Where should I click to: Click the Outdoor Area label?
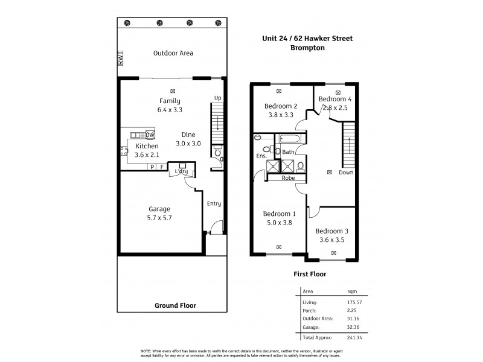(173, 53)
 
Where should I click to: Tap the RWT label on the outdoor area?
(121, 59)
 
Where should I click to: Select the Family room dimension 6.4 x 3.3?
(170, 110)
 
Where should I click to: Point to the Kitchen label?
(147, 146)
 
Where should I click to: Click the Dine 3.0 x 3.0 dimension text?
(188, 144)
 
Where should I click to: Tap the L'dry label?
(182, 172)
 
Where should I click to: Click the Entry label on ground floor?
(214, 203)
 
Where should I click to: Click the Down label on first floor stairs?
(347, 172)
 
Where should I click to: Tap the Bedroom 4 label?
(334, 98)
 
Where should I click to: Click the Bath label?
(288, 152)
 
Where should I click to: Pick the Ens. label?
(261, 156)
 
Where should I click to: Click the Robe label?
(287, 178)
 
